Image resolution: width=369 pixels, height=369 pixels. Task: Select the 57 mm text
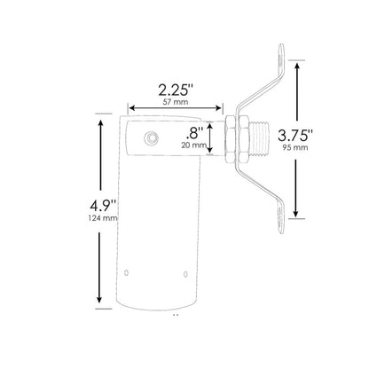click(x=175, y=103)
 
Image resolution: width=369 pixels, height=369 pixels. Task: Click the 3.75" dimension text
click(x=324, y=137)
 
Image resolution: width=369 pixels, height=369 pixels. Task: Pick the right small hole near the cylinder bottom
click(x=184, y=273)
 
